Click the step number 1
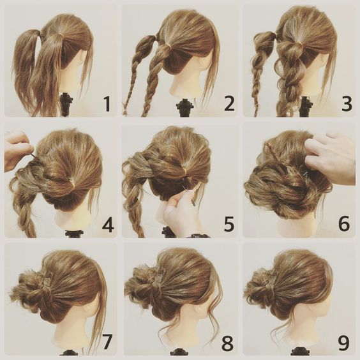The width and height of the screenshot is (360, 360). click(107, 104)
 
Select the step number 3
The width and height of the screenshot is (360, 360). click(347, 104)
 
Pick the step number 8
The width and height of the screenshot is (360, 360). click(228, 343)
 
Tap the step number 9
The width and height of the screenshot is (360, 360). click(345, 343)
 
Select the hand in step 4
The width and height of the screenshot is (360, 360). click(16, 151)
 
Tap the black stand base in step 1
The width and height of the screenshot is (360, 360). click(66, 103)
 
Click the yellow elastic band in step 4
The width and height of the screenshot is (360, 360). click(72, 184)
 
